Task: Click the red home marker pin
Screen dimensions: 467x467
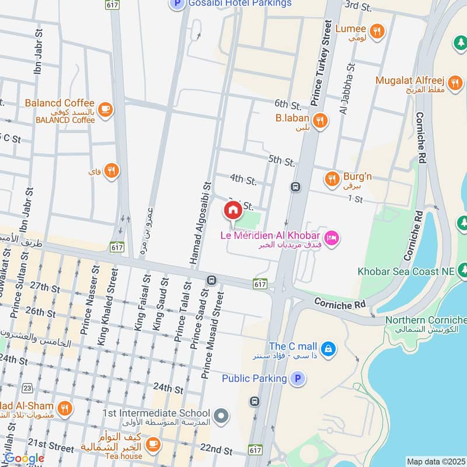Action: [x=232, y=210]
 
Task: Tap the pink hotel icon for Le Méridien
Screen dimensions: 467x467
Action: [x=332, y=238]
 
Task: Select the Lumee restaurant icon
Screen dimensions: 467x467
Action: [x=377, y=29]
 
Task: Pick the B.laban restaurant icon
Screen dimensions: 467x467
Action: [x=319, y=121]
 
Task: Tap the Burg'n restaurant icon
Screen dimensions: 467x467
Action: [x=332, y=179]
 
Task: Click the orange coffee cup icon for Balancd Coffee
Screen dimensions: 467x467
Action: [x=105, y=109]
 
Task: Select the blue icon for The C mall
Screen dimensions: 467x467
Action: [x=329, y=348]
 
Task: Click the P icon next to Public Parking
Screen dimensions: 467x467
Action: [x=298, y=379]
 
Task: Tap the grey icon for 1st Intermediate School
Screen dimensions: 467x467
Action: [x=221, y=416]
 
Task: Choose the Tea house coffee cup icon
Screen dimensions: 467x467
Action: [x=153, y=444]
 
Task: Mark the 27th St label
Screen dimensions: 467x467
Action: [x=46, y=287]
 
